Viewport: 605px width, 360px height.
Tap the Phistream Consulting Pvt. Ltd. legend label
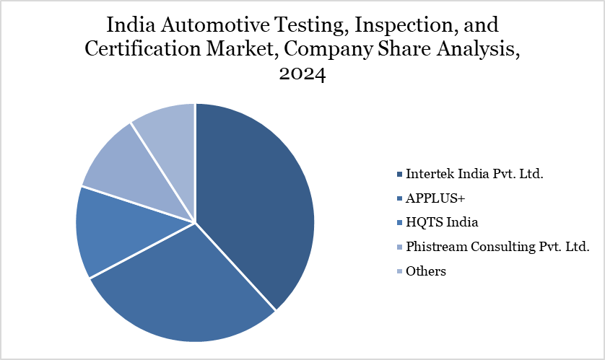point(497,247)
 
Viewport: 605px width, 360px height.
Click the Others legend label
point(426,271)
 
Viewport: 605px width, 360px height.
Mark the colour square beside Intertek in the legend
point(399,175)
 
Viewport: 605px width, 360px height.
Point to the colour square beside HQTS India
point(399,223)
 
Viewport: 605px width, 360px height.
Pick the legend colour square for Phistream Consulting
point(399,247)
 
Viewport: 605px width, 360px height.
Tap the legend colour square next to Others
point(399,272)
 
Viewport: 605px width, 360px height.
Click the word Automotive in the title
point(214,25)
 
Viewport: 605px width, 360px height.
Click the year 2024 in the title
point(302,74)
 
